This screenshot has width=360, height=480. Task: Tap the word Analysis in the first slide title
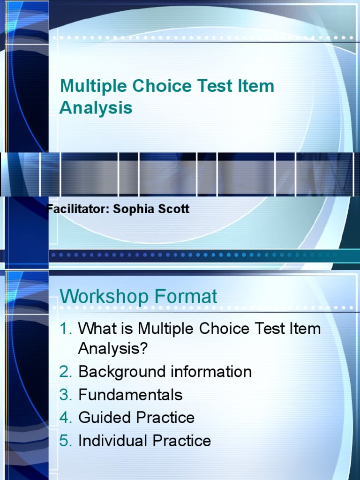96,108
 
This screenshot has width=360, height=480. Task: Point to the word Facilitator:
78,209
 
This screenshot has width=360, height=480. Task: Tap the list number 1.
65,329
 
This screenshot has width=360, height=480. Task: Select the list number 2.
65,372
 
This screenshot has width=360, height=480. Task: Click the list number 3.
65,395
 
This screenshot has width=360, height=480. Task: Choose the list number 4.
65,418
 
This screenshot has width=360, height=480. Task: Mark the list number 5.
65,441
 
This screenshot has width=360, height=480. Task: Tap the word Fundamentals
130,395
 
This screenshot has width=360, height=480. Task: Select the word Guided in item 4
105,418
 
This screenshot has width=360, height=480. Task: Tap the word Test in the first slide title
219,86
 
